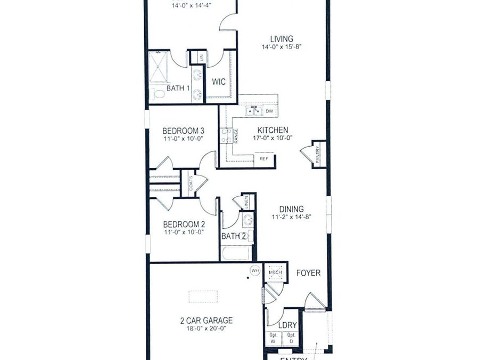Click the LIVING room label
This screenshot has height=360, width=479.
282,38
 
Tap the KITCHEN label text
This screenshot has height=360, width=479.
272,130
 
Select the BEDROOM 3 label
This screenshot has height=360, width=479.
184,130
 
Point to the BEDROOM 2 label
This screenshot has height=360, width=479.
184,224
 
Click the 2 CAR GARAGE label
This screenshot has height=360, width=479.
206,321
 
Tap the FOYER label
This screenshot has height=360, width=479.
309,273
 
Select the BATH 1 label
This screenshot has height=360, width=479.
178,88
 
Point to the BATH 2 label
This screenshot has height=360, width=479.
234,236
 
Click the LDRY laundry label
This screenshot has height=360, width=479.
287,325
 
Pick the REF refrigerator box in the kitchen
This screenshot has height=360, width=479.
264,159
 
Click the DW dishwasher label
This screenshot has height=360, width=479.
269,111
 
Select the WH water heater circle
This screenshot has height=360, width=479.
255,271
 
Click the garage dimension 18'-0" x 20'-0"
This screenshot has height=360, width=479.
206,329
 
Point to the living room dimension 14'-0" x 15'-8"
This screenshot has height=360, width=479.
282,46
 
